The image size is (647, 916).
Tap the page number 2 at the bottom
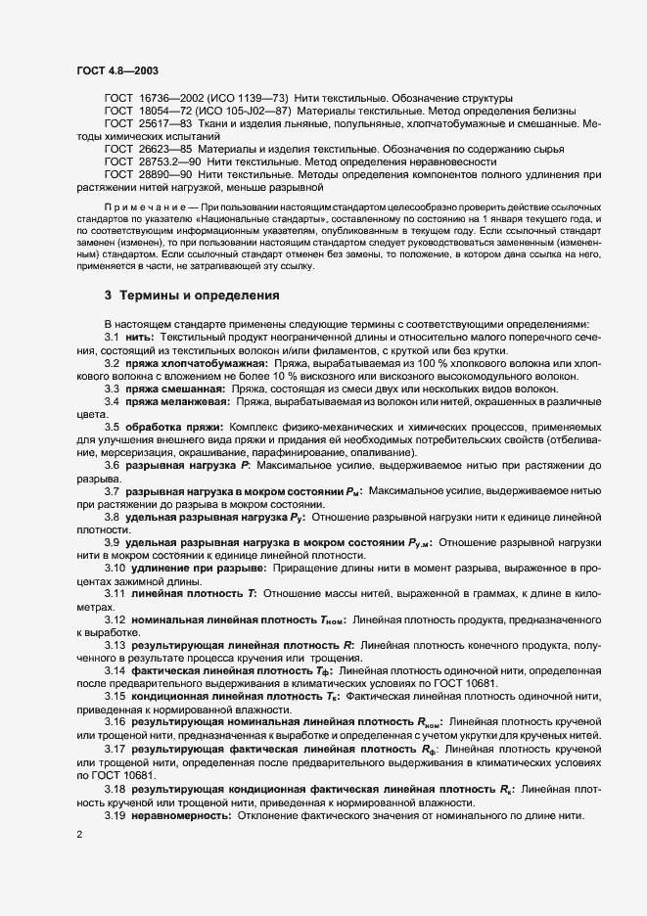coord(79,834)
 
